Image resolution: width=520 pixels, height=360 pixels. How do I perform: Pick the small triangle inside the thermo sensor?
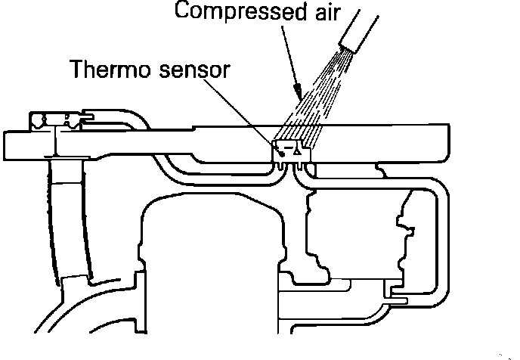(299, 151)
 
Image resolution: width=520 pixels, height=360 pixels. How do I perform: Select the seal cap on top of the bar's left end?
(57, 119)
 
